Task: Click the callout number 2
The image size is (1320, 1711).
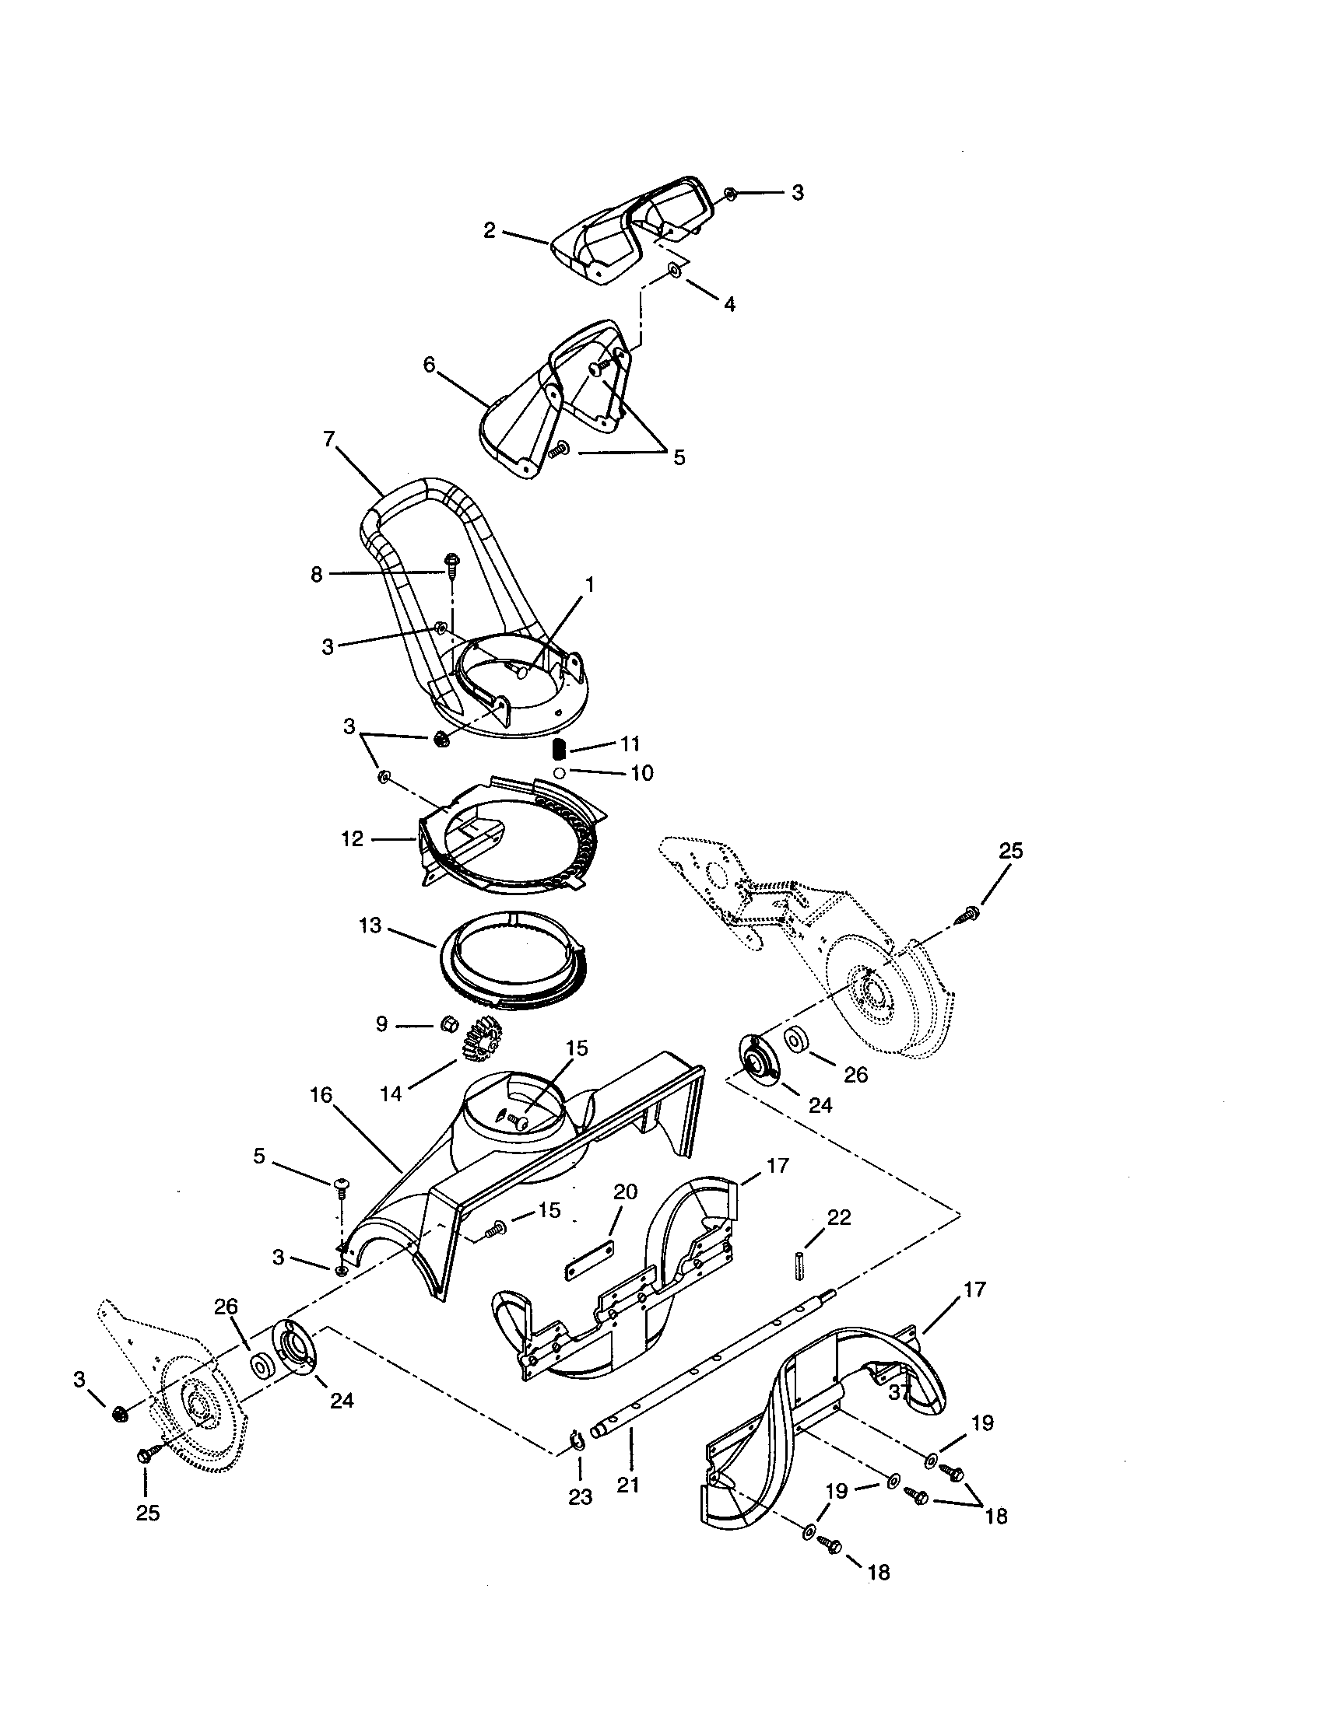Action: [489, 230]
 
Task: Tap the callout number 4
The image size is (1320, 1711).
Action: [729, 305]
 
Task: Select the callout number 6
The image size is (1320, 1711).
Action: [428, 364]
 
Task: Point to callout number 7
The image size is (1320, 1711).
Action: [329, 438]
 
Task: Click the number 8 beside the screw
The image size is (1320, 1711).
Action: [316, 574]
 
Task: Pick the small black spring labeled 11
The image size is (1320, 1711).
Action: [559, 749]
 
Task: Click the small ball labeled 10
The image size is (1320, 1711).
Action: [559, 772]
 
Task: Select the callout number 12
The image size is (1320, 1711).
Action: [352, 838]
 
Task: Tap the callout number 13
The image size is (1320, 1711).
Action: [370, 925]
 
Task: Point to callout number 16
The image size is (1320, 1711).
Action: [321, 1094]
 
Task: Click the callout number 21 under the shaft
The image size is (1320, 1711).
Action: [629, 1485]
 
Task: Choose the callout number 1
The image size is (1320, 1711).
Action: [589, 584]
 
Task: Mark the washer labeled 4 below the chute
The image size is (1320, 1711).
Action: [674, 271]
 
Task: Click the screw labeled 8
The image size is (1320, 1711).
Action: [452, 562]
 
